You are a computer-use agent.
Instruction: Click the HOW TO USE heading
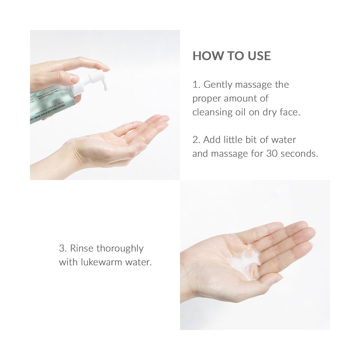coord(232,56)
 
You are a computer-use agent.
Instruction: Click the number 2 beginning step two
coord(195,140)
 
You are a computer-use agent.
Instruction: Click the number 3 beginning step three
coord(62,248)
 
